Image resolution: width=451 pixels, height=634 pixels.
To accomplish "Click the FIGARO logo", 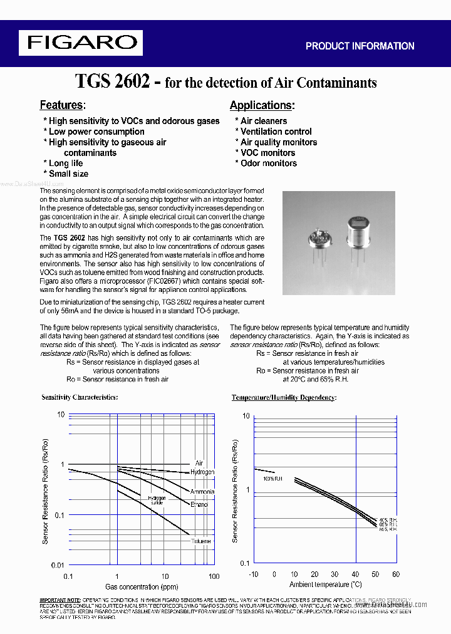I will coord(82,43).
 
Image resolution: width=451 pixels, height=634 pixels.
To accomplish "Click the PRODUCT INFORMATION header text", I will coord(360,46).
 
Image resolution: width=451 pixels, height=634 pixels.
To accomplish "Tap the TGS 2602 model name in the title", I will coord(112,81).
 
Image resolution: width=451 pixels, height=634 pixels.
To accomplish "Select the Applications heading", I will coord(262,105).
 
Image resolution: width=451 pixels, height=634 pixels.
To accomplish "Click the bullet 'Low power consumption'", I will coord(96,132).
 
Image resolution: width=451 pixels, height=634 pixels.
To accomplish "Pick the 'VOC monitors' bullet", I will coord(267,153).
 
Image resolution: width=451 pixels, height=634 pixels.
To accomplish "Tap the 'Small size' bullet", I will coord(68,174).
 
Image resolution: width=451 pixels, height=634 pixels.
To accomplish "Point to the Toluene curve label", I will coord(200,541).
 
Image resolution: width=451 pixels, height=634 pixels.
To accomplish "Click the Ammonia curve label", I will coord(202,492).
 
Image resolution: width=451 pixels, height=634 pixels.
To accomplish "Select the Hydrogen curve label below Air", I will coord(202,472).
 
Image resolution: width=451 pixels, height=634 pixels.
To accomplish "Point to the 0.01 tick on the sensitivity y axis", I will coord(57,565).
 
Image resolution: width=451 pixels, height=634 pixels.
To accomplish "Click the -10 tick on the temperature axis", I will coord(253,574).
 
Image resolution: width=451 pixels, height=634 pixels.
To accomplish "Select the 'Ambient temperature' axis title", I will coord(324,585).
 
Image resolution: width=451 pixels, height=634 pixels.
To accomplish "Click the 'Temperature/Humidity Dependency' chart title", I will coord(284,398).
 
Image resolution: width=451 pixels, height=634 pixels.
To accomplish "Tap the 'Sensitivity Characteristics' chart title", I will coord(80,397).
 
